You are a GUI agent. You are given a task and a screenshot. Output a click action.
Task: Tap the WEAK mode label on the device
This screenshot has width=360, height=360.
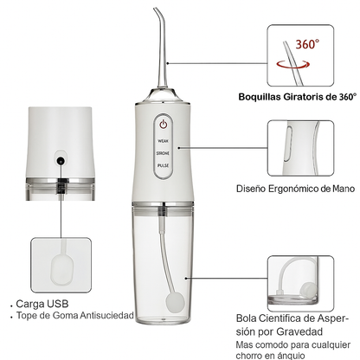tap(163, 140)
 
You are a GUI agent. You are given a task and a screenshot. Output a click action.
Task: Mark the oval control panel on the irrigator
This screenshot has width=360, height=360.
tap(163, 144)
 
